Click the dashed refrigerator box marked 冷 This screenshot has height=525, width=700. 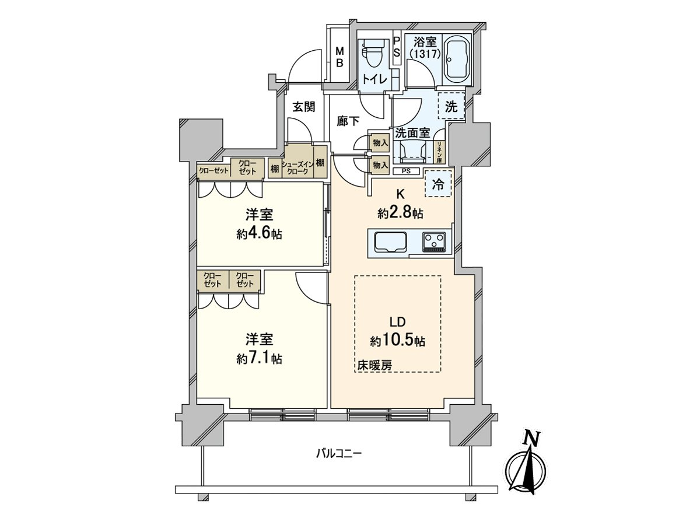[437, 184]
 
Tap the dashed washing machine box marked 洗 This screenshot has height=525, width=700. [452, 107]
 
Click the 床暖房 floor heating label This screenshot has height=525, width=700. [374, 365]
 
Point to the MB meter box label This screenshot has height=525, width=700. [339, 57]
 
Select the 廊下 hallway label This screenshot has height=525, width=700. [348, 121]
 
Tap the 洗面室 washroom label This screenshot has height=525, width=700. [412, 132]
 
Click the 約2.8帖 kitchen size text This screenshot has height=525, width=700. [400, 213]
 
